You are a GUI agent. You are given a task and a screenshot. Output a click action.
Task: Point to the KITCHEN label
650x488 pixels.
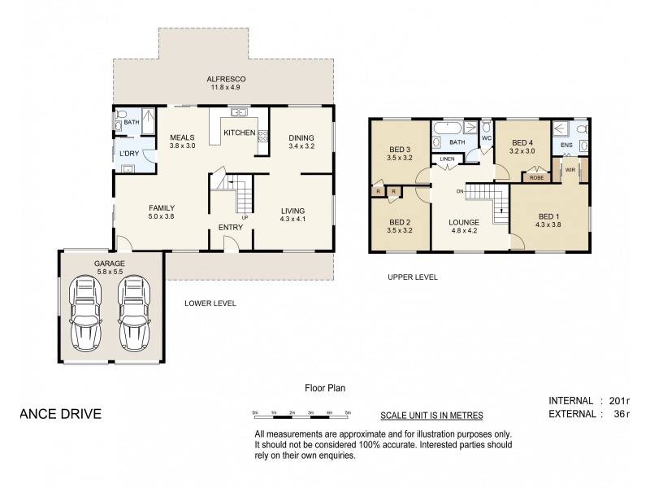(x=240, y=133)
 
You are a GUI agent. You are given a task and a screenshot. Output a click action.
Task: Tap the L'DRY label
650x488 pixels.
(x=128, y=153)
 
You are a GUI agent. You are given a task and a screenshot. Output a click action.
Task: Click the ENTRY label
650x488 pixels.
(x=232, y=227)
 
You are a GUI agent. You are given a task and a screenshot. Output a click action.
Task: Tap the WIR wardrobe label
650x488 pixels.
(x=570, y=171)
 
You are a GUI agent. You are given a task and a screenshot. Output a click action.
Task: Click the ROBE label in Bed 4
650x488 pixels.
(x=536, y=176)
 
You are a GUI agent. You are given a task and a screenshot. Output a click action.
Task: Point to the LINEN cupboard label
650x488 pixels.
(x=447, y=159)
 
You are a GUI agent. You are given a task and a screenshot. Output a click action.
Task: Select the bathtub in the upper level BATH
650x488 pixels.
(x=446, y=129)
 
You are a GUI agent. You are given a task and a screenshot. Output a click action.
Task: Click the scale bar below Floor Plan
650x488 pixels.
(x=301, y=416)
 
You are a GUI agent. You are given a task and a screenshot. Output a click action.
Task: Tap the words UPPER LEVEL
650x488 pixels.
(x=413, y=277)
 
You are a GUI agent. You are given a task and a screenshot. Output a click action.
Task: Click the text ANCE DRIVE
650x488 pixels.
(x=59, y=413)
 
